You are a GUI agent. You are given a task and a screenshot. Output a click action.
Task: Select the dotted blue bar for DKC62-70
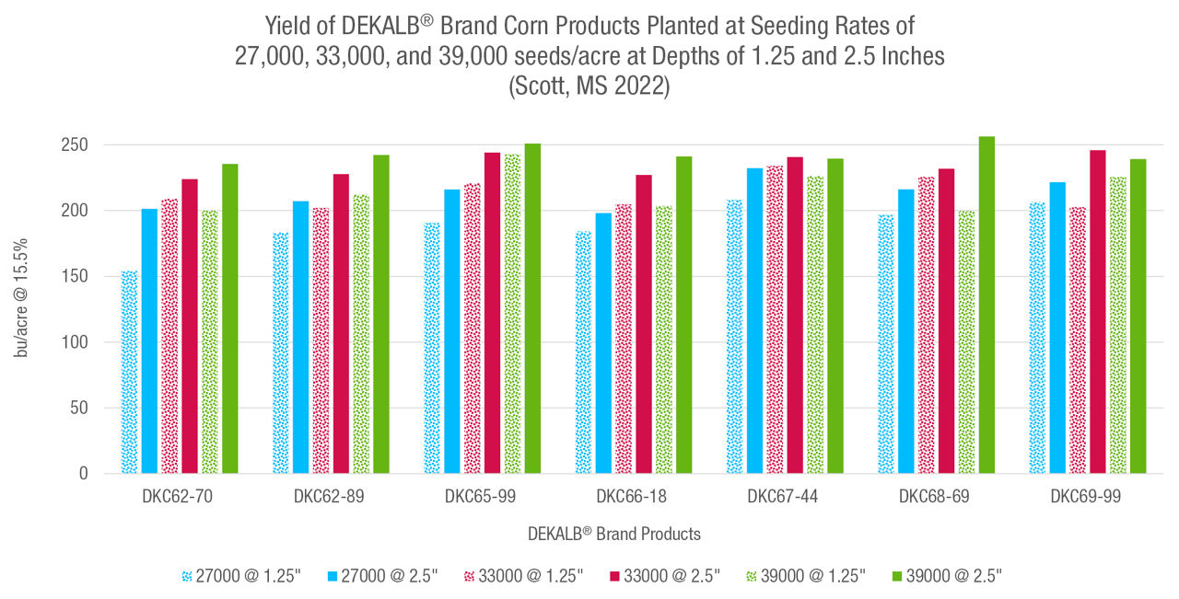(129, 373)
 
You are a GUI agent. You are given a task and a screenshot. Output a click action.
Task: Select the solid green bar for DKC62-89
(380, 314)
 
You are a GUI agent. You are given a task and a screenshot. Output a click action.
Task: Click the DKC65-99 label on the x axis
(480, 497)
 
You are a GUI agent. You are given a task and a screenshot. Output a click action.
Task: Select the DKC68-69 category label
(934, 497)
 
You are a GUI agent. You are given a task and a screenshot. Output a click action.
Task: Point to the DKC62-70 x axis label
(177, 497)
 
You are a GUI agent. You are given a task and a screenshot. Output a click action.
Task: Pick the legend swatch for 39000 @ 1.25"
(750, 576)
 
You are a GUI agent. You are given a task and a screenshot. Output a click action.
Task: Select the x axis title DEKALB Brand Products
(613, 534)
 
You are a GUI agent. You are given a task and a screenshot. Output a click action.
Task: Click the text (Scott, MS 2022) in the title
(589, 88)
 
